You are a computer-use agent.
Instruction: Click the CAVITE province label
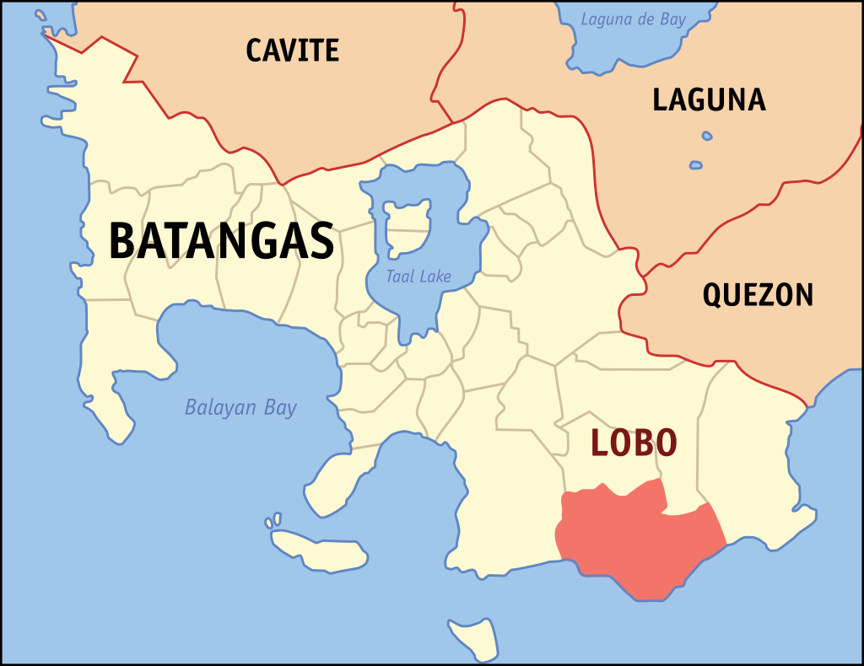(292, 51)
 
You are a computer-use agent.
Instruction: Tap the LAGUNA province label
(709, 100)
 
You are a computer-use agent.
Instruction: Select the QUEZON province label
(758, 295)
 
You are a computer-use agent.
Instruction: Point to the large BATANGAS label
(221, 241)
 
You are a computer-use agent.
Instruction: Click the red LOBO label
(634, 443)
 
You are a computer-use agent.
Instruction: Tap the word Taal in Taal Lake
(400, 277)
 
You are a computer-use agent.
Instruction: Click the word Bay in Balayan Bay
(280, 409)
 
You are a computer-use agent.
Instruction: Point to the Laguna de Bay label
(633, 19)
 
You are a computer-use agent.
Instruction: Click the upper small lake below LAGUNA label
(707, 136)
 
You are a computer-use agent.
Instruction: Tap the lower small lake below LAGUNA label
(695, 165)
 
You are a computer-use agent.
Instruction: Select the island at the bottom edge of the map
(472, 638)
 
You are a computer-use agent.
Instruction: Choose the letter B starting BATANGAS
(123, 241)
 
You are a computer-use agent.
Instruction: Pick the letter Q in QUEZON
(714, 296)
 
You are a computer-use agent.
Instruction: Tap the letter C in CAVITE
(254, 51)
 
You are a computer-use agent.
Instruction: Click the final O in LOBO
(664, 443)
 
